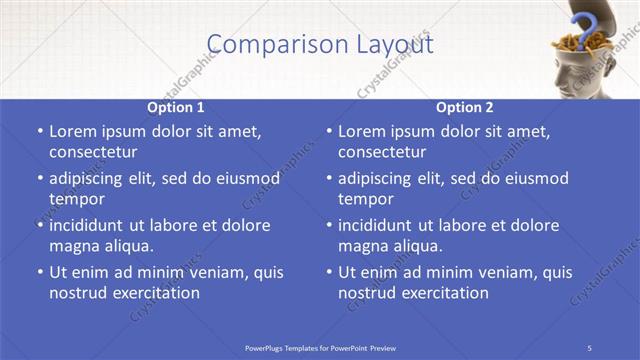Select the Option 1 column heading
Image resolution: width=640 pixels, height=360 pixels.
176,107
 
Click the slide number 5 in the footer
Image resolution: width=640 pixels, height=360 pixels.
590,347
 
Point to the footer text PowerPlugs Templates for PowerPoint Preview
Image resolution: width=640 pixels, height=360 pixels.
320,347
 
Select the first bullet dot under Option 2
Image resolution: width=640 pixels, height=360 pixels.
329,132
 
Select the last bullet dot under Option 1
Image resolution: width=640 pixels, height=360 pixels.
39,273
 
